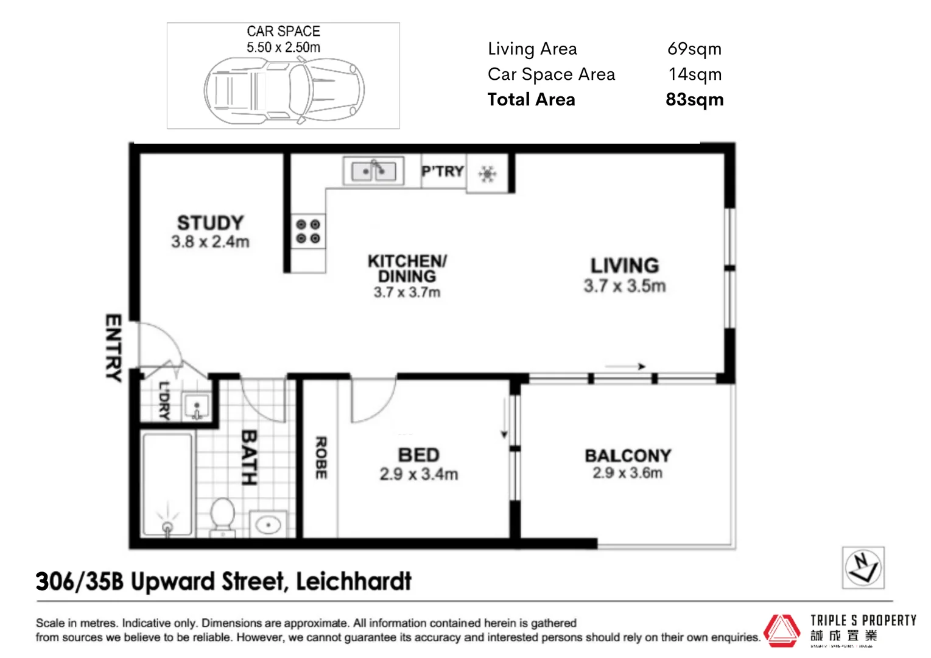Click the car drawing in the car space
point(284,91)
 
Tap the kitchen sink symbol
point(373,171)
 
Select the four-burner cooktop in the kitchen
point(307,232)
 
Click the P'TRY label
point(443,172)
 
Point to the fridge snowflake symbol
point(487,174)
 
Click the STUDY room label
point(210,223)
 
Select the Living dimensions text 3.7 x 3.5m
point(624,286)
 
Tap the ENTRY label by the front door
point(113,348)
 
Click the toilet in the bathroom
point(223,515)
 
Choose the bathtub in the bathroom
point(167,484)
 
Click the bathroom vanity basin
point(268,524)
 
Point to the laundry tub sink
point(197,406)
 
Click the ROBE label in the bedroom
point(321,457)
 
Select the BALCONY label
point(628,456)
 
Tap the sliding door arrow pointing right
point(625,366)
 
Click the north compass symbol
point(863,567)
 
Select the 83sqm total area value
point(694,99)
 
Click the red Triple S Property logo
point(782,630)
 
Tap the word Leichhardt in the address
point(354,581)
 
